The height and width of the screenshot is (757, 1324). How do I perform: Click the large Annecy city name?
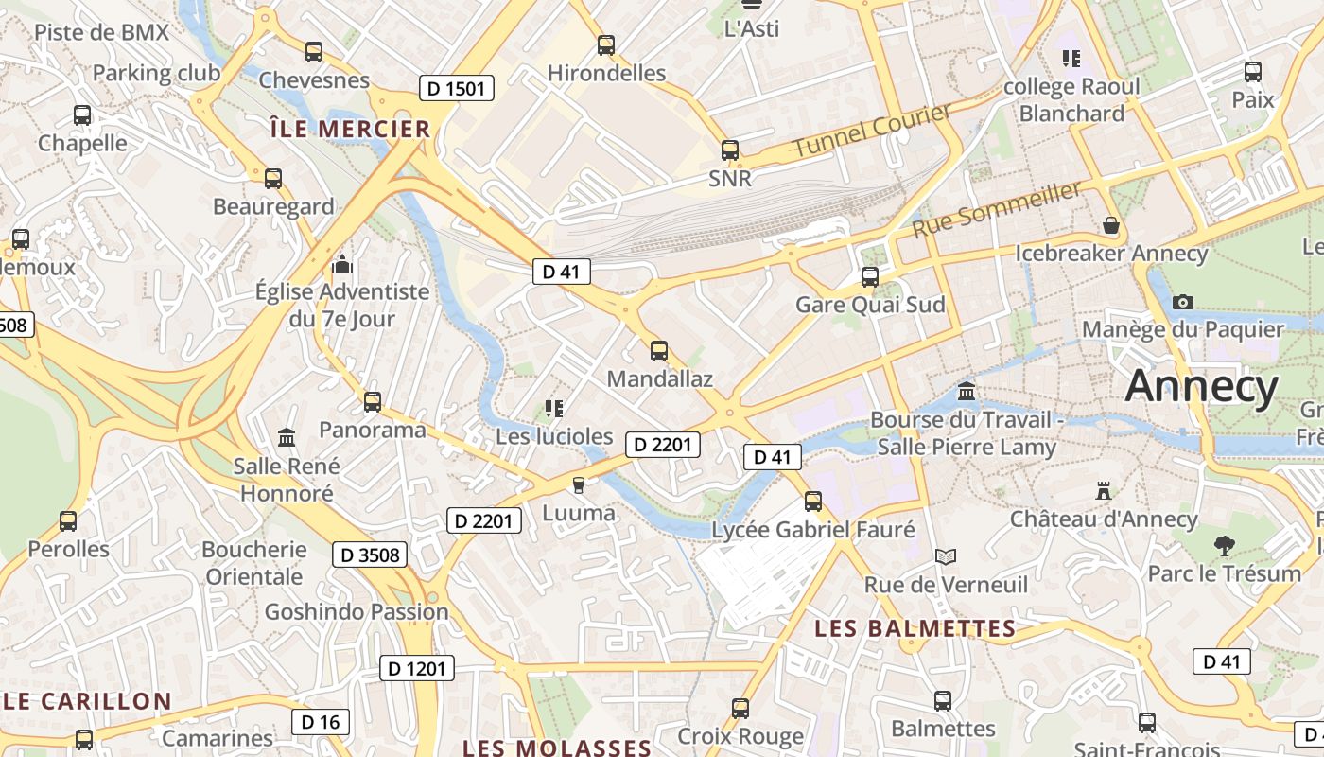click(x=1202, y=387)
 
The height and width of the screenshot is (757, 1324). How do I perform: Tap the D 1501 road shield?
click(x=457, y=89)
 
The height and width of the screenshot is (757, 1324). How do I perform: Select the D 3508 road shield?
click(x=370, y=555)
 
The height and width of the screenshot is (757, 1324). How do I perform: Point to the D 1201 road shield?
click(x=417, y=669)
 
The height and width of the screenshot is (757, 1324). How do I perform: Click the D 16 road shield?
click(x=320, y=722)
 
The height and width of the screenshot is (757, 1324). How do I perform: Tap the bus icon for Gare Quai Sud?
click(x=870, y=277)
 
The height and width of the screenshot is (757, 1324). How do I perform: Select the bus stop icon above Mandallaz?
click(x=659, y=351)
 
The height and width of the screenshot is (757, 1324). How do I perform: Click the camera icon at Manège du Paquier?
click(x=1182, y=303)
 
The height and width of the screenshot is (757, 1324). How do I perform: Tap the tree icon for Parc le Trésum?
click(x=1224, y=546)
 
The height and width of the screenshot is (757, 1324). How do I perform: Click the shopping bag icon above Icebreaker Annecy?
click(x=1111, y=226)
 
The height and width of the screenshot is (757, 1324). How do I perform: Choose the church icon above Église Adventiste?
click(x=342, y=264)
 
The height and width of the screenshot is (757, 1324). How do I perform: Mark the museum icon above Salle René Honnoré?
click(x=287, y=437)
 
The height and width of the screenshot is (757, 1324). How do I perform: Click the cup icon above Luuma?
click(x=579, y=485)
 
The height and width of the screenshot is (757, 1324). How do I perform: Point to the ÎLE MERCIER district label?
click(x=350, y=129)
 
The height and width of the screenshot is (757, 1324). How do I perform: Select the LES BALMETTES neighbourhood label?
click(x=915, y=628)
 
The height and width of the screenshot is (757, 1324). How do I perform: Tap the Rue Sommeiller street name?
click(x=997, y=210)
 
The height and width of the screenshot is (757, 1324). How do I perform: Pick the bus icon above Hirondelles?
click(x=606, y=45)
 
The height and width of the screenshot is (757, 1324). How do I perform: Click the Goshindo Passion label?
click(x=357, y=611)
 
